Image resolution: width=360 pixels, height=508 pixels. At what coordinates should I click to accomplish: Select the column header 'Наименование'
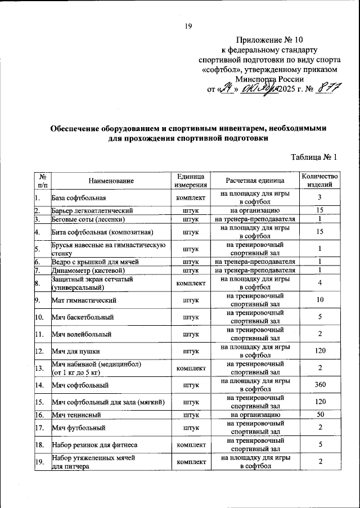click(x=111, y=181)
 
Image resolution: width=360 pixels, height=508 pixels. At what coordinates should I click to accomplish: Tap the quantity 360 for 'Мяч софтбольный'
click(x=319, y=386)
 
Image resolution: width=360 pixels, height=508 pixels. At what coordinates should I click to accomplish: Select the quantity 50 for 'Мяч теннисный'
click(x=319, y=415)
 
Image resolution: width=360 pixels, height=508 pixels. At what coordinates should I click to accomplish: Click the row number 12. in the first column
click(x=39, y=352)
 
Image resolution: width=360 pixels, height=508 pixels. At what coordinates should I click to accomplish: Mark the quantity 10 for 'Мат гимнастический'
click(x=319, y=300)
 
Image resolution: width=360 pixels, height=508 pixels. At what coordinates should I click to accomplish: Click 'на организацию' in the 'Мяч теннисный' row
click(x=255, y=415)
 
